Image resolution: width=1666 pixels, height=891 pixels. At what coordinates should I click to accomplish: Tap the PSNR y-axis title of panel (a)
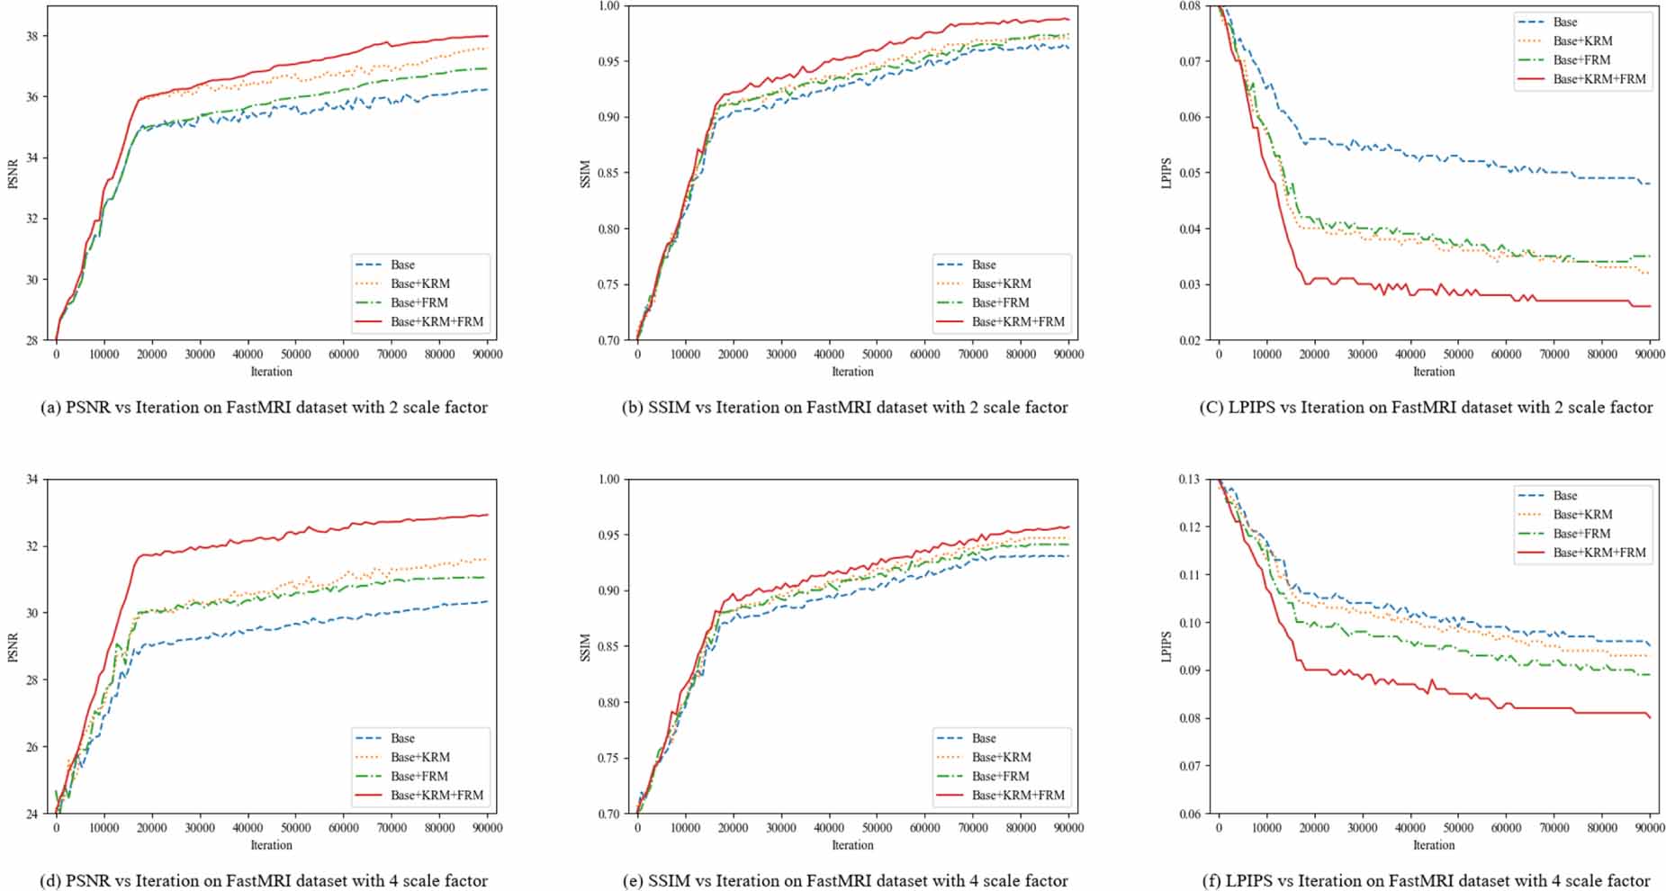tap(13, 174)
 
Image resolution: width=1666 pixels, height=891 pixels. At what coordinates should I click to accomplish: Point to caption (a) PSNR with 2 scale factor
tap(265, 408)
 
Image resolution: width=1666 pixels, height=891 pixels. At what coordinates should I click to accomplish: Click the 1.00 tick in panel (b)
tap(608, 6)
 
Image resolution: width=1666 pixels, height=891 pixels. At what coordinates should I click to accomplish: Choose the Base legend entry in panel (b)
tap(984, 265)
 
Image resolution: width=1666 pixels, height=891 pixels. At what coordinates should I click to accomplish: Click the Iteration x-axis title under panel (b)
tap(852, 372)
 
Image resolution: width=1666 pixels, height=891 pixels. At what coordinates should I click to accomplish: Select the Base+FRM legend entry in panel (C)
tap(1581, 60)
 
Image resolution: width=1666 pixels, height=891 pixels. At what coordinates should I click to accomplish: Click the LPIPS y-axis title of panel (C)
tap(1167, 174)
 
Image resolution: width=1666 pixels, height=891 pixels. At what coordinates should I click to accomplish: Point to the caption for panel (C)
tap(1426, 408)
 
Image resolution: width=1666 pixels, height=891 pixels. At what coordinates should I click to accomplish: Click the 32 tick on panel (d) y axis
tap(32, 546)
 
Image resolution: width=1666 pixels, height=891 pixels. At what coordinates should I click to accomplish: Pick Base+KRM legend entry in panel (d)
tap(420, 757)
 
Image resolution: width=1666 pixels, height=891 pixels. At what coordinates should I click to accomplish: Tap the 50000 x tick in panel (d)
tap(295, 828)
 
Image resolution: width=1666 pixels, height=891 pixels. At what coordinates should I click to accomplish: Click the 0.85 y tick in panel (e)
tap(608, 647)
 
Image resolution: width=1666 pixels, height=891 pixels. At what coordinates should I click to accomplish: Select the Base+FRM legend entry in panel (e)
tap(1000, 776)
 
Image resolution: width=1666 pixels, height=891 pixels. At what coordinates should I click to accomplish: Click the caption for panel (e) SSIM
tap(845, 881)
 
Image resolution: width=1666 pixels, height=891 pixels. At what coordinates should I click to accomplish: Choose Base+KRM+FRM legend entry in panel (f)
tap(1599, 553)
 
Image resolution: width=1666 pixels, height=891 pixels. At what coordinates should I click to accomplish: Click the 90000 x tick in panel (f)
tap(1649, 828)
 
